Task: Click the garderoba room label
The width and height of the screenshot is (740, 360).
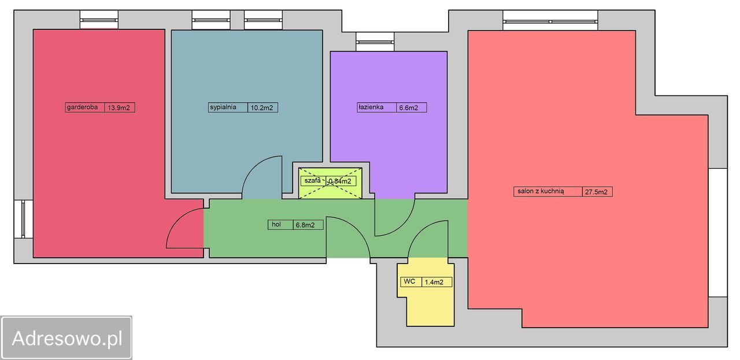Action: (82, 107)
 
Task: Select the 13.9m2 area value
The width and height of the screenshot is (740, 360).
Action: (119, 107)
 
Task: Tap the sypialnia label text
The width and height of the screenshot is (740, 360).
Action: (223, 107)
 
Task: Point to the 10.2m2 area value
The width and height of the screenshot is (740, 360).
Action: (262, 107)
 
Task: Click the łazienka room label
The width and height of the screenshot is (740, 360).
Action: (371, 107)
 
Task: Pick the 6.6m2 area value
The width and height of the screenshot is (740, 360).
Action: (408, 107)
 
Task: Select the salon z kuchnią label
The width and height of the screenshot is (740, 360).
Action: (541, 191)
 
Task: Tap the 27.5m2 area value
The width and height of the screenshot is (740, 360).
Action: (596, 192)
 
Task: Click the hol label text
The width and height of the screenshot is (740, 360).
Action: (276, 224)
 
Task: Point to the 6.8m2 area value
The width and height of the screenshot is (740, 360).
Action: (305, 225)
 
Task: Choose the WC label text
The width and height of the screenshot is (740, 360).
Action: (409, 281)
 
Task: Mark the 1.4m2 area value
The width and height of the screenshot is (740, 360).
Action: (434, 282)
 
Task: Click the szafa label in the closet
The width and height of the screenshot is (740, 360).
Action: (312, 181)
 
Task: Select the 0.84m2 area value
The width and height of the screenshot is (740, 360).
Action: (340, 181)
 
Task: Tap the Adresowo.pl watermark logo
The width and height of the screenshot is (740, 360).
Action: (66, 337)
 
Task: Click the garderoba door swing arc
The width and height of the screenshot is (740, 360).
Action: (177, 220)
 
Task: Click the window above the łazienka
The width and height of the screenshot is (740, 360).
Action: (375, 42)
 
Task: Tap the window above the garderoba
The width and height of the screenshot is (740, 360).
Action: (99, 20)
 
